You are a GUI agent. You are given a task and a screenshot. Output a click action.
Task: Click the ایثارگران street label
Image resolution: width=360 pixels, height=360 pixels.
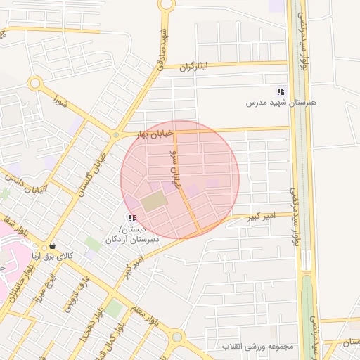[195, 67]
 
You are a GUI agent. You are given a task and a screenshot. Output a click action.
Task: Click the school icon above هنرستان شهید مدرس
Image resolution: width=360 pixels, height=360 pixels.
[281, 91]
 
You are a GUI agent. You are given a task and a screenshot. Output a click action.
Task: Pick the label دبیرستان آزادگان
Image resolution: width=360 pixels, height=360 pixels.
[133, 239]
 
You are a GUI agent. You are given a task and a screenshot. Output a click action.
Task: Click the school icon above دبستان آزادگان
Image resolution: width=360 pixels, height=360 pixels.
[133, 219]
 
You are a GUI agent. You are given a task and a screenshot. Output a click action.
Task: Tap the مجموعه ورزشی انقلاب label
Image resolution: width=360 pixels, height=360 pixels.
[258, 347]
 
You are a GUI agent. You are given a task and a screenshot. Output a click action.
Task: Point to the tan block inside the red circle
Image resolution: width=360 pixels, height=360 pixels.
[154, 202]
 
